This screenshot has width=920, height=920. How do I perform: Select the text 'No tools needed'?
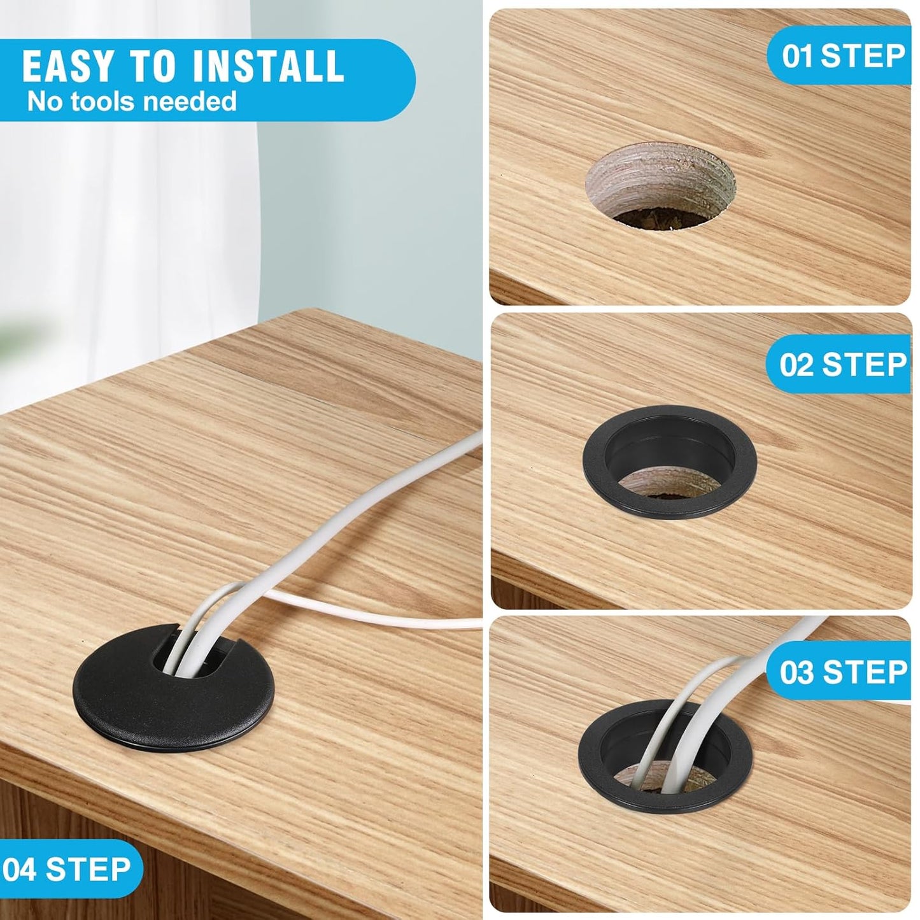[x=132, y=102]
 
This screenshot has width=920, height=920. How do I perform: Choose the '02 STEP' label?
[x=842, y=365]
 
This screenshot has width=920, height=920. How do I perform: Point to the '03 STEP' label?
[x=843, y=672]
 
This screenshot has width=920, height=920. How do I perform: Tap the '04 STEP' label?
[x=66, y=869]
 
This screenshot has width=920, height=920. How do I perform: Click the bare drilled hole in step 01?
[x=660, y=187]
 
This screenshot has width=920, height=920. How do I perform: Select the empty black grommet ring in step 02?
[x=670, y=462]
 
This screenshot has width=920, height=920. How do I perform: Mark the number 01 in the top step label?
[x=797, y=56]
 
